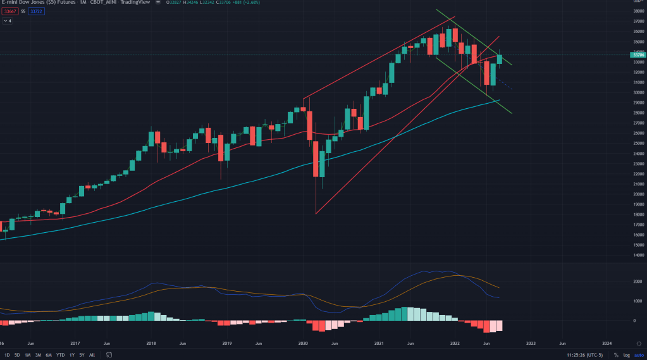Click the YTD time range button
coord(60,355)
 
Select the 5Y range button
coord(82,355)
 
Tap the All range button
coord(92,355)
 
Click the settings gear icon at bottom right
coord(639,342)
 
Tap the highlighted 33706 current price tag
coord(638,55)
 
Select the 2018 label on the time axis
coord(151,343)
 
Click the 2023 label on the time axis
coord(531,343)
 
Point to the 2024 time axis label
coord(607,343)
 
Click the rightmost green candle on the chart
coord(500,59)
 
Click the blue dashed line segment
coord(504,83)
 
